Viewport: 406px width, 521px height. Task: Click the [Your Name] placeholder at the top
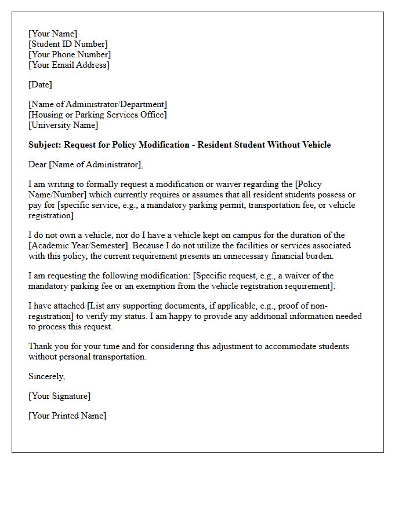[53, 34]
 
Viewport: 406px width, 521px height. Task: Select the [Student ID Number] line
[68, 44]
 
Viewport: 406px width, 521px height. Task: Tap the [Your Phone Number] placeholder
[70, 54]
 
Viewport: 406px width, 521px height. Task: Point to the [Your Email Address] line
[68, 65]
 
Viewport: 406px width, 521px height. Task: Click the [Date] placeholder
[40, 85]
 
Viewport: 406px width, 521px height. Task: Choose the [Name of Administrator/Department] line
[97, 104]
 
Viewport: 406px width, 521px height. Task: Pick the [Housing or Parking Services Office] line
[97, 115]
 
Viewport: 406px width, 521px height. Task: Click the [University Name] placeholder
[63, 125]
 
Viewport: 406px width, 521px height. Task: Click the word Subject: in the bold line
[45, 145]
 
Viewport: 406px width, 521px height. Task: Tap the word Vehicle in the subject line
[315, 145]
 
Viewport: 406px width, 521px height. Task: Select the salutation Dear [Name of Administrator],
[86, 164]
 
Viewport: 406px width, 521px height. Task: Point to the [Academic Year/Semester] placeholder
[78, 245]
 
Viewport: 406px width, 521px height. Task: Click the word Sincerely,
[47, 376]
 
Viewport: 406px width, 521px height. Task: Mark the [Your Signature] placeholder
[59, 396]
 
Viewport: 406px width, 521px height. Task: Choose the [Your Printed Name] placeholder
[67, 416]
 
